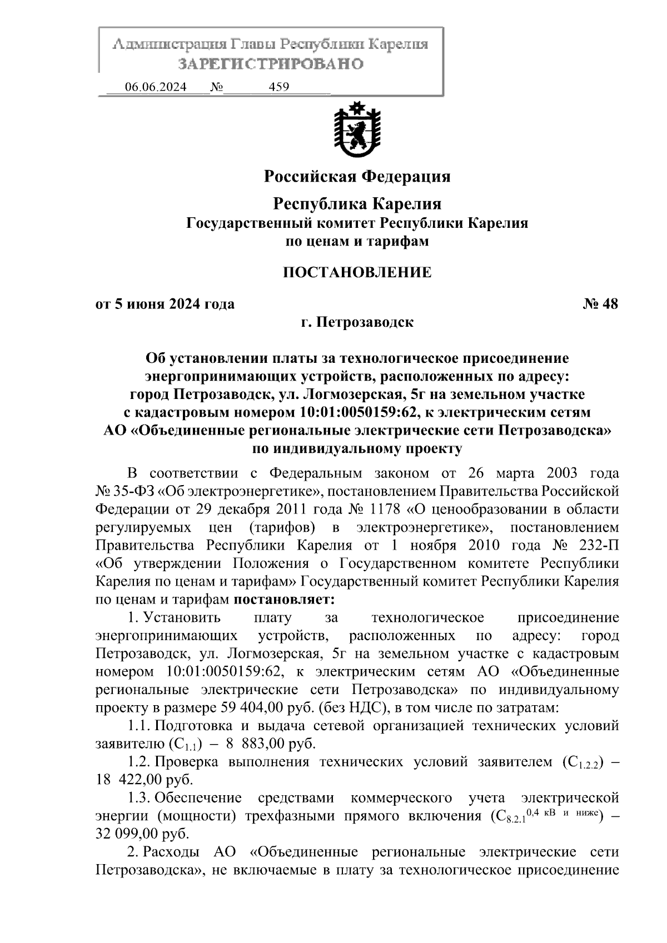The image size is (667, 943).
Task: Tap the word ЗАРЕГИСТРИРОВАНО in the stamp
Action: (x=271, y=64)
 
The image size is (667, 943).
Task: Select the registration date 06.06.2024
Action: (x=156, y=87)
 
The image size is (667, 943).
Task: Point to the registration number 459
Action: (x=278, y=87)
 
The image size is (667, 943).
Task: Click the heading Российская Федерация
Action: (x=357, y=177)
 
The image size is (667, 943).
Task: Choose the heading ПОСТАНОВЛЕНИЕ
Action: (x=357, y=272)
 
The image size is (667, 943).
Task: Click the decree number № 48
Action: (x=600, y=304)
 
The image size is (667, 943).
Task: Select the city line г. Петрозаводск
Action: (x=357, y=322)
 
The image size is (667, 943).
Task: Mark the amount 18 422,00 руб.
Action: (x=144, y=780)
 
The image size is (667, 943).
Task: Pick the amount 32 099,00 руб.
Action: (x=142, y=834)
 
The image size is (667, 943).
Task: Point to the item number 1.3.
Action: (x=138, y=798)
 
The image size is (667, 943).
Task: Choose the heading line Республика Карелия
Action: (x=357, y=204)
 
